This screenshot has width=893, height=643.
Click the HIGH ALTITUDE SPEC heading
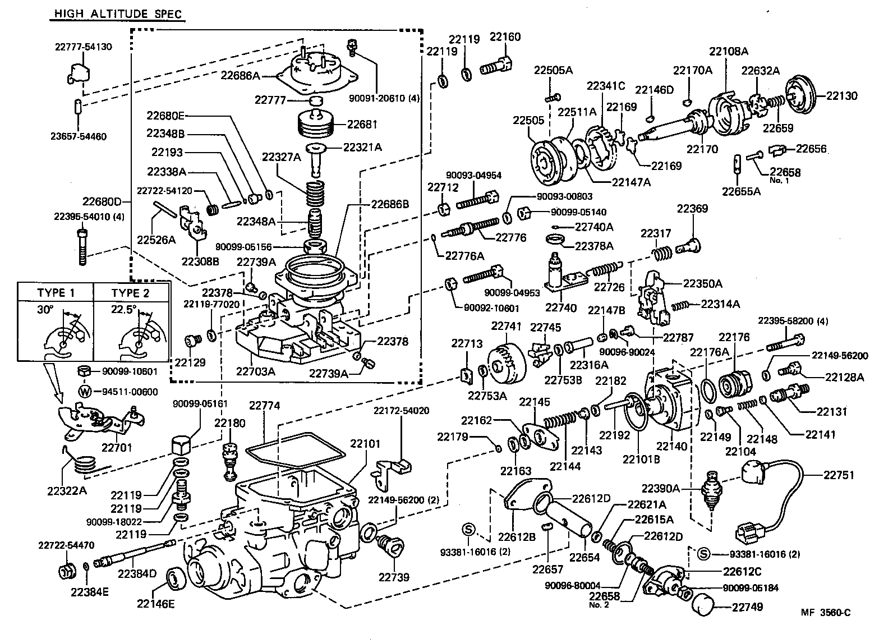click(118, 13)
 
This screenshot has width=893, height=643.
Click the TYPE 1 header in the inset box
click(56, 292)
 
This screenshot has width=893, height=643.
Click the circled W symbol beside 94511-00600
click(85, 392)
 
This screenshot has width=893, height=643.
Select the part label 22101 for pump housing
click(365, 443)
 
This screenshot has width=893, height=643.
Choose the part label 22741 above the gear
click(507, 326)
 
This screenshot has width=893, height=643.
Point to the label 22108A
click(729, 50)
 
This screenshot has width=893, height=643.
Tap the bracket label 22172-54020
click(401, 411)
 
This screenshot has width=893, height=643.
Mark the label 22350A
click(702, 283)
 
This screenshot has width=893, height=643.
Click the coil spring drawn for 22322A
click(85, 465)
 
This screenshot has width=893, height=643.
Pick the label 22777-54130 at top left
click(83, 47)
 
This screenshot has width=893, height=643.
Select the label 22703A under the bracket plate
click(255, 370)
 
